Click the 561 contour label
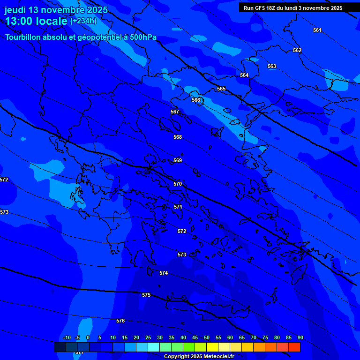[317, 30]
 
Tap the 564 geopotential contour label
[244, 75]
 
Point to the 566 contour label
[196, 100]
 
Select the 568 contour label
[178, 137]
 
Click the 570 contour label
[178, 184]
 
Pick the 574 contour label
[164, 273]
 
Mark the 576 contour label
[120, 321]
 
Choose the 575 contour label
[146, 295]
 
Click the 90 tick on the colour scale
[300, 337]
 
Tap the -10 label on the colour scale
[67, 337]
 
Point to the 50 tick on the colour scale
[206, 337]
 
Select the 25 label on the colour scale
[148, 337]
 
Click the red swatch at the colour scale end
[294, 347]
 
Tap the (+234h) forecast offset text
[83, 21]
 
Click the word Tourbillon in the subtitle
[23, 37]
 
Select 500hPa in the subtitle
[142, 37]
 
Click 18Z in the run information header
[271, 8]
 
